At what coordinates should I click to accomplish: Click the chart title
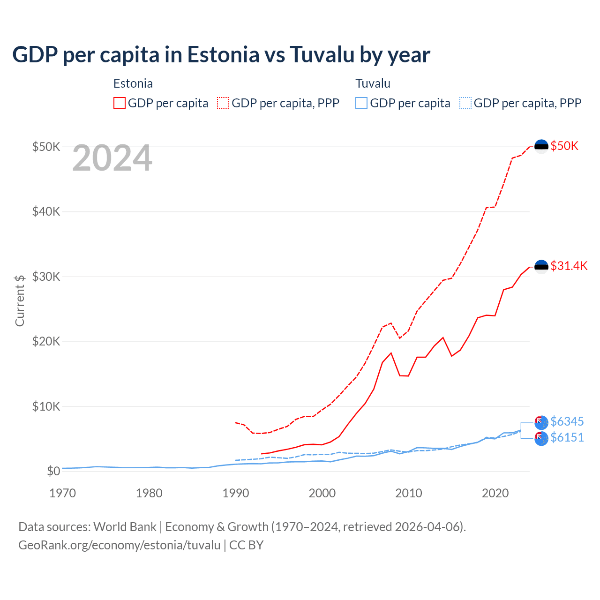[221, 55]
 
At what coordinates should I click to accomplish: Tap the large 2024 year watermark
[112, 158]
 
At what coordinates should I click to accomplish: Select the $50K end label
[564, 146]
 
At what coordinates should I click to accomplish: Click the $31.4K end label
[569, 266]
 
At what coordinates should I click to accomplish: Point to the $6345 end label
[567, 421]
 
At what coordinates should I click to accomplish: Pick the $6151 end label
[567, 437]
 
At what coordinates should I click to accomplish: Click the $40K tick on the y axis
[46, 211]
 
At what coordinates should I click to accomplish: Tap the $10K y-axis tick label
[46, 406]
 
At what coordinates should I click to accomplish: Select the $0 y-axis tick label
[53, 471]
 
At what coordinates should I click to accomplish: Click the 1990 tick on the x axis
[235, 493]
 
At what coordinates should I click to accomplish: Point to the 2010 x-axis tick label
[409, 493]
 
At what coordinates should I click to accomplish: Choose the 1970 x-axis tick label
[62, 493]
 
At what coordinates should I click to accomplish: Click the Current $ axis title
[20, 300]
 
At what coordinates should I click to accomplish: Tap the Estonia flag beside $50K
[541, 146]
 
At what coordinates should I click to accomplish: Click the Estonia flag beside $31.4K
[541, 267]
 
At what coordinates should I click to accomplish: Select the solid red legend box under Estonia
[120, 103]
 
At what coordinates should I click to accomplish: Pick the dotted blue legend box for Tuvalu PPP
[465, 103]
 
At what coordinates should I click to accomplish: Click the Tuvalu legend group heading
[373, 83]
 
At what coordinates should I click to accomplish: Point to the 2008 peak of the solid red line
[391, 353]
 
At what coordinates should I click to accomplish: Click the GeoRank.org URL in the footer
[119, 545]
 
